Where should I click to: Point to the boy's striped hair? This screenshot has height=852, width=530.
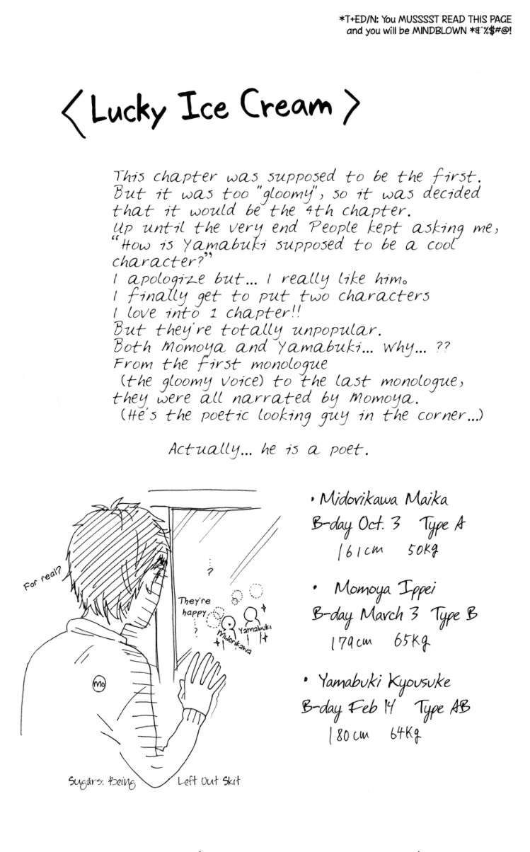(x=113, y=545)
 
